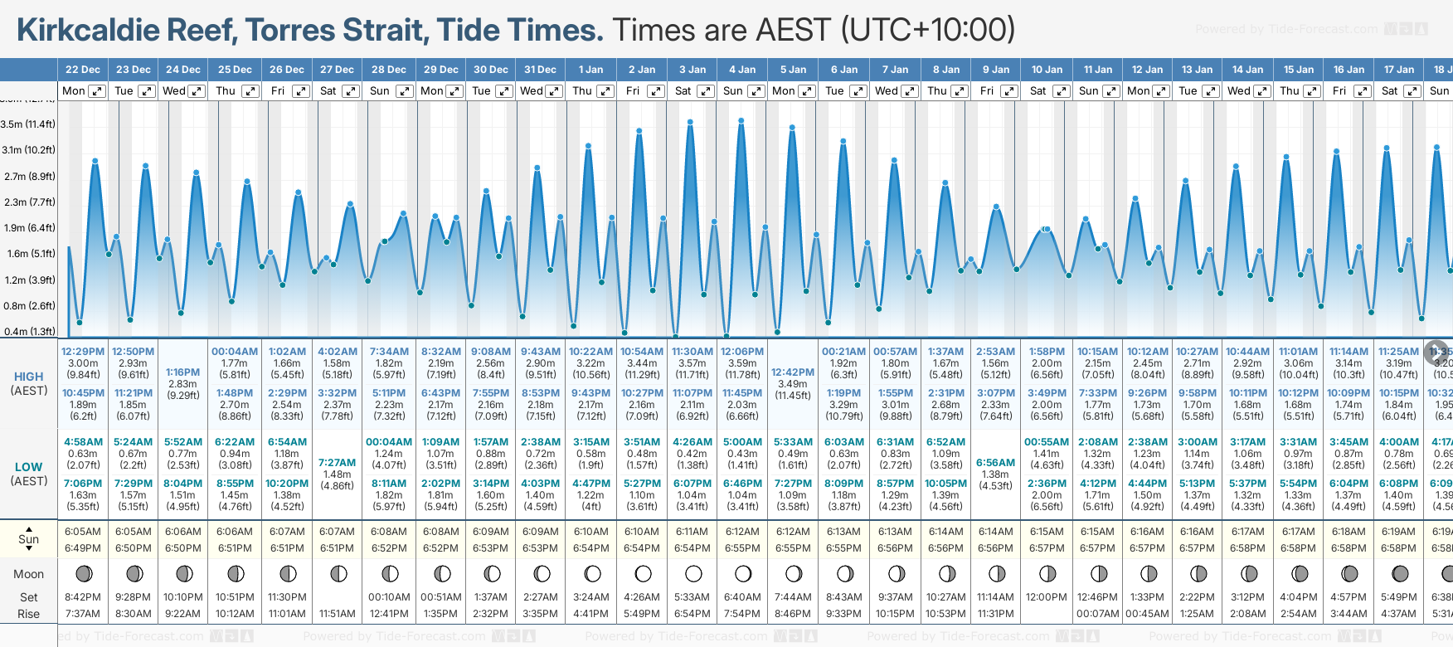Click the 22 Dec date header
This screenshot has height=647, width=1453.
[x=83, y=70]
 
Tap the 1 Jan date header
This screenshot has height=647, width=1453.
[x=590, y=70]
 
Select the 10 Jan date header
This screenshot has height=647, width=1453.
[x=1047, y=70]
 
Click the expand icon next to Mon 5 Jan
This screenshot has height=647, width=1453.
[x=806, y=91]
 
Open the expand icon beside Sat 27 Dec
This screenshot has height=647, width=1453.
[x=351, y=91]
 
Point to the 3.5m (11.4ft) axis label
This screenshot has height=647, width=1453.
[x=28, y=124]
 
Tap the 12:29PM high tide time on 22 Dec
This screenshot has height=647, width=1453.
[x=83, y=352]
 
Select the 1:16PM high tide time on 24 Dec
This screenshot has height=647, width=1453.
[x=182, y=372]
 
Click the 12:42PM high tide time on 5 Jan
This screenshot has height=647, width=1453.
[x=793, y=372]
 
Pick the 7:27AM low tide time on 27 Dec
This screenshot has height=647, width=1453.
[x=338, y=463]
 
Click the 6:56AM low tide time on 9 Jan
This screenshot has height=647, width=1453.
[x=995, y=463]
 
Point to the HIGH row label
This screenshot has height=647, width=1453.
[x=28, y=377]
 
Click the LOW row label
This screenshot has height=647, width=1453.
[x=28, y=467]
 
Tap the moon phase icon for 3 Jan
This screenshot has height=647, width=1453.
[x=693, y=573]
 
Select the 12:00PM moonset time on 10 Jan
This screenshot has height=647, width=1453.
[x=1047, y=597]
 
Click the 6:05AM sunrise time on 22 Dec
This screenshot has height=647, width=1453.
[x=83, y=532]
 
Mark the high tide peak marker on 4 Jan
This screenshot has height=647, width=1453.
[x=741, y=121]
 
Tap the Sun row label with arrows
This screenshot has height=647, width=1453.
[x=28, y=539]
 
